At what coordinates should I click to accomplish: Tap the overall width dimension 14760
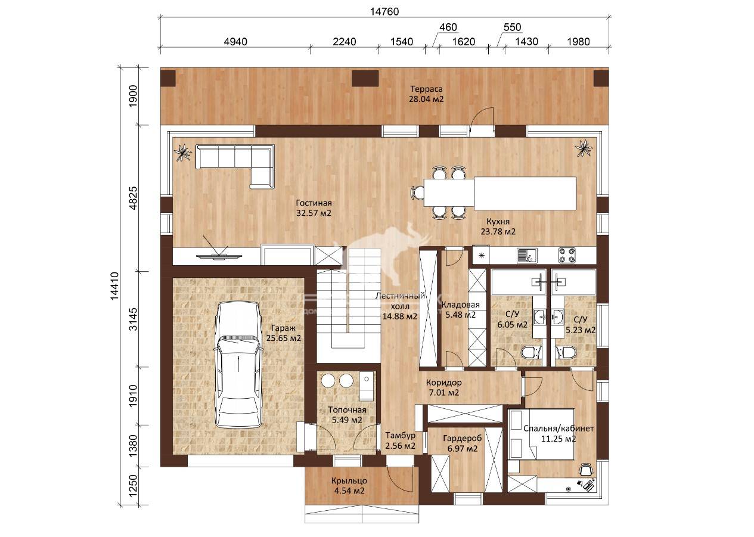coord(384,12)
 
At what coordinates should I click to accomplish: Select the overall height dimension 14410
coord(114,286)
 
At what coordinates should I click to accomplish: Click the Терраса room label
coord(426,89)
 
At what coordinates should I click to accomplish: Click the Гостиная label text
coord(314,203)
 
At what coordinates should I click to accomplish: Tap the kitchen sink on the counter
coord(527,256)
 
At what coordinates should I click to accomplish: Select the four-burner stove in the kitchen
coord(567,255)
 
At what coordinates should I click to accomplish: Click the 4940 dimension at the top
coord(235,42)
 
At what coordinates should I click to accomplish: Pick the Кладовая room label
coord(461,305)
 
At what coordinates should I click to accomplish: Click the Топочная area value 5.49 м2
coord(347,420)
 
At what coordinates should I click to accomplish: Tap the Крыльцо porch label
coord(349,481)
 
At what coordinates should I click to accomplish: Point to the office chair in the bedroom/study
coord(586,469)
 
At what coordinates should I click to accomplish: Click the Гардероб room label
coord(462,439)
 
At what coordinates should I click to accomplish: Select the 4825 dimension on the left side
coord(134,198)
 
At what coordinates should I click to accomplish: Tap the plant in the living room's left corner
coord(183,153)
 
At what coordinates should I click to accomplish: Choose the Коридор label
coord(443,383)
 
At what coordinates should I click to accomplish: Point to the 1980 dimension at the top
coord(578,42)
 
